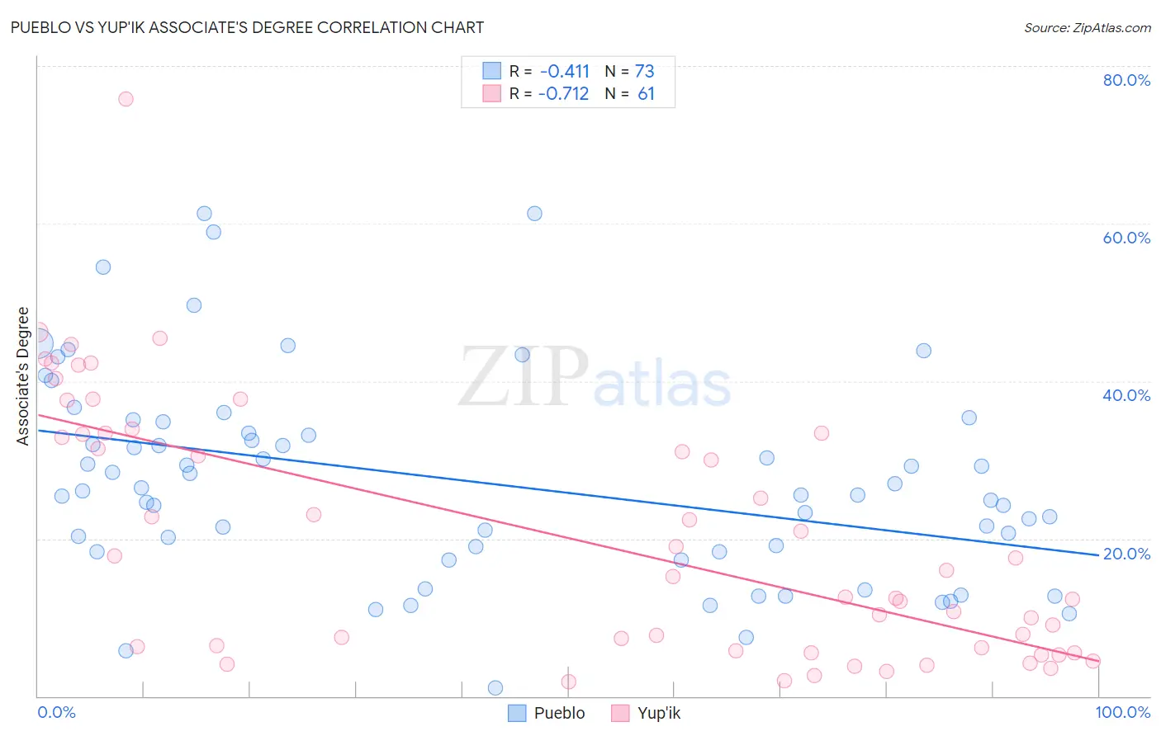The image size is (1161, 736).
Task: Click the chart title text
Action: pos(248,27)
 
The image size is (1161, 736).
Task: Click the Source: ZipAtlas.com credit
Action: pos(1087,27)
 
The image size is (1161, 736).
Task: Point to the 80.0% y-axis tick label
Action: pos(1126,80)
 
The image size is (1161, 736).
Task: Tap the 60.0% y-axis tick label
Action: pos(1126,238)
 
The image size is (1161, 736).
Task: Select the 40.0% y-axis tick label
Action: pos(1126,395)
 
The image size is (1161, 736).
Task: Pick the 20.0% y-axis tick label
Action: pos(1126,554)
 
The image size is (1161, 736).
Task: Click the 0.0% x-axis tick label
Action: pos(56,712)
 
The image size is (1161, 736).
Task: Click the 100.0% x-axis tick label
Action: pos(1122,712)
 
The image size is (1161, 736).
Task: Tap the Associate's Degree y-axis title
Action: pos(23,376)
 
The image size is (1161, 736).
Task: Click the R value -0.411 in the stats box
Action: pos(565,72)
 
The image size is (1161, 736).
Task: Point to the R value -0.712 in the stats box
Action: pos(563,94)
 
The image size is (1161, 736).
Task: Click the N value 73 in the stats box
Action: pos(644,72)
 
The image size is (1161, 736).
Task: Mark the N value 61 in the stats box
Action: pos(646,94)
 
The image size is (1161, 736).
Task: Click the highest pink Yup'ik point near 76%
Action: pos(126,99)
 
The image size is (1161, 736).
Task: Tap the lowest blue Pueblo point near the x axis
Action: pos(495,688)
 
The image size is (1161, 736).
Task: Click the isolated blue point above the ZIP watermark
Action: pos(534,214)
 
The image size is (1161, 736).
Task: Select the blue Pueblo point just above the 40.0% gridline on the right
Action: pos(923,351)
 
